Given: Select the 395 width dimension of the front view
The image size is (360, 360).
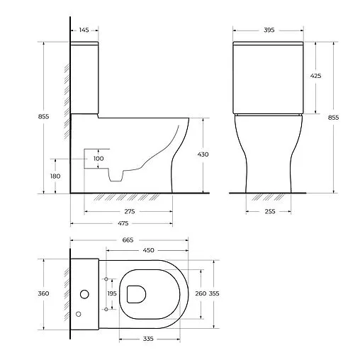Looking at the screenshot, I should (269, 30).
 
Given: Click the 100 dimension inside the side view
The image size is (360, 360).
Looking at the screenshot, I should (99, 158).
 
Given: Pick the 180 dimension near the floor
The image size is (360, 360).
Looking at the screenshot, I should (56, 176).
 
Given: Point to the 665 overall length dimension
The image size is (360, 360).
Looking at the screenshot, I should (128, 240).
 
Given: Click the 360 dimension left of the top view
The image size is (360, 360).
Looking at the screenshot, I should (44, 293).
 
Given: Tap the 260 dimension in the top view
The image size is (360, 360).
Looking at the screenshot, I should (199, 293).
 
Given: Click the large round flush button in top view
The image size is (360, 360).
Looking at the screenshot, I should (86, 293).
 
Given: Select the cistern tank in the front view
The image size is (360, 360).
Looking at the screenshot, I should (269, 77).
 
